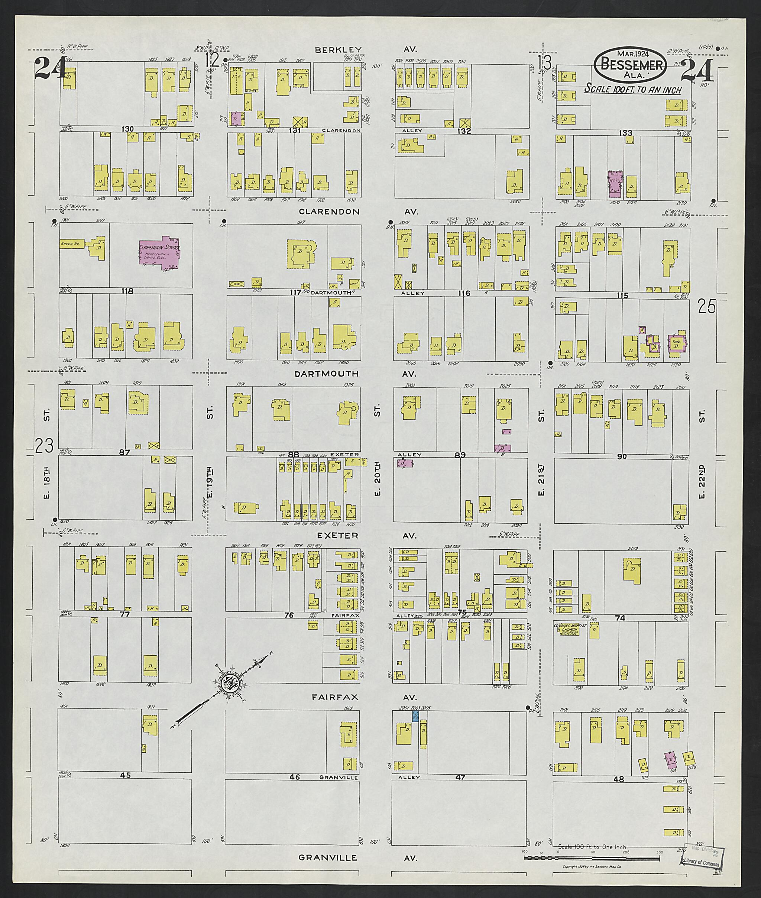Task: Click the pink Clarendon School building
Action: (160, 254)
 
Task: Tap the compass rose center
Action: (228, 683)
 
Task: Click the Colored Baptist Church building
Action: (566, 630)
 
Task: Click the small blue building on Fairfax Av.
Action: (415, 716)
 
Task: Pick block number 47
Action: (460, 789)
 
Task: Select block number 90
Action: (622, 456)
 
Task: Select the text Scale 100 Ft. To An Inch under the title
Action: (633, 90)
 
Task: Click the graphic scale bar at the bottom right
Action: (592, 834)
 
